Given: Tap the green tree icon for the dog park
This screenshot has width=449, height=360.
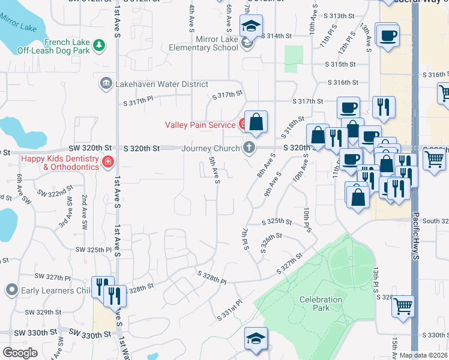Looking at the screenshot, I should click(x=101, y=44).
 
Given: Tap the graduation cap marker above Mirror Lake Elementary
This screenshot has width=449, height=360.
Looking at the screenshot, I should click(x=250, y=26).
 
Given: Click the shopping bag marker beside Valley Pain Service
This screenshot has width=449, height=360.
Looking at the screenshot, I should click(x=256, y=122).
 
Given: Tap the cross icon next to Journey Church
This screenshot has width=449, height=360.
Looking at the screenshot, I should click(x=249, y=148).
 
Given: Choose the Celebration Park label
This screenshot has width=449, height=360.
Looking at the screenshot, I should click(x=322, y=304).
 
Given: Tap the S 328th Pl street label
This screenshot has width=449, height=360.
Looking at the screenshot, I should click(x=212, y=277).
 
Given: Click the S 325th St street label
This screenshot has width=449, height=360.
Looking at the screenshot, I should click(x=277, y=221).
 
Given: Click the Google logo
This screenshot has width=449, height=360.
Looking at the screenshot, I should click(x=20, y=353).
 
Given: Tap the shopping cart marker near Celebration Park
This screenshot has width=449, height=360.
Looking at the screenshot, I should click(x=403, y=307).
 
